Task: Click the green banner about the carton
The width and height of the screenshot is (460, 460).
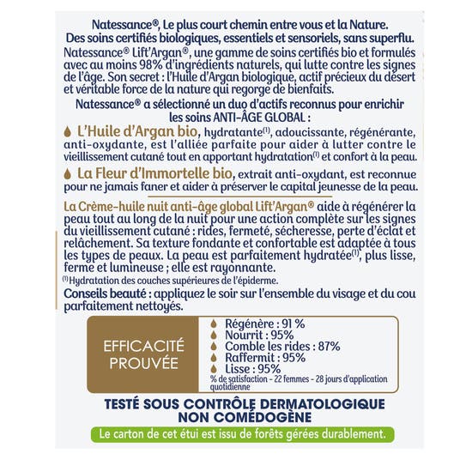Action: tap(230, 433)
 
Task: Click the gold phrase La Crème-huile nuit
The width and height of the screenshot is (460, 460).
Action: tap(117, 209)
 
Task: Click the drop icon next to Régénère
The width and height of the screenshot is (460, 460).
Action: tap(215, 324)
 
